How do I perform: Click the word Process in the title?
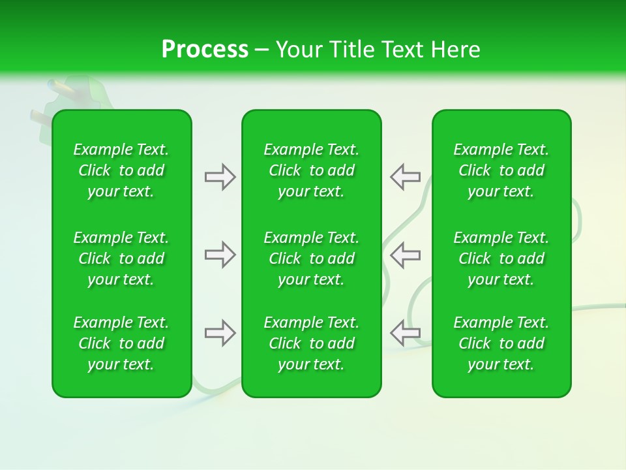[x=205, y=50]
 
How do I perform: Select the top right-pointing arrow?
[x=220, y=177]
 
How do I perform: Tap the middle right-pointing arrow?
[x=220, y=255]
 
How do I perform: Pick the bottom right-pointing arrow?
[x=220, y=333]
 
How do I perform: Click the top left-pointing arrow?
[x=405, y=177]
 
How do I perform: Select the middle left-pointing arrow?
[x=405, y=255]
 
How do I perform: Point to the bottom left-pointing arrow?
[x=405, y=333]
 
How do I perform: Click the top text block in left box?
[x=121, y=170]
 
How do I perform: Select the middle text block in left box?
[x=121, y=258]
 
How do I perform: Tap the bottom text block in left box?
[x=121, y=343]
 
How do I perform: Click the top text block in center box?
[x=311, y=170]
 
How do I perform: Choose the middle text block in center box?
[x=311, y=258]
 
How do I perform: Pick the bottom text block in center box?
[x=311, y=343]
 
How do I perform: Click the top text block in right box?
[x=501, y=170]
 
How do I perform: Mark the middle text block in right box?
[x=501, y=258]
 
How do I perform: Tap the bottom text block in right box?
[x=501, y=343]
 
